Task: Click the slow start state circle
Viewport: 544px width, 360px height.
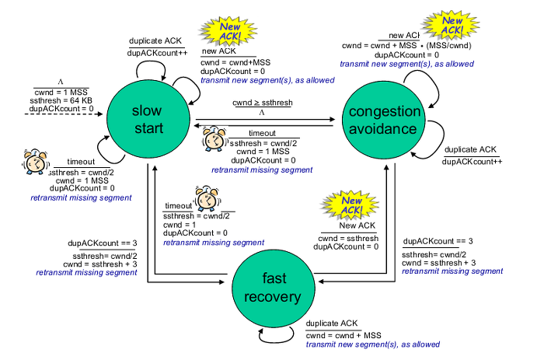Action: click(x=148, y=120)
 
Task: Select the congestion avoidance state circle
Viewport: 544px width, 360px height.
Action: click(x=384, y=120)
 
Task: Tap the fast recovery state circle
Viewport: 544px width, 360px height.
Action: click(x=274, y=288)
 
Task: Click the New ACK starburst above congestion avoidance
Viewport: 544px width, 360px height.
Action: click(x=451, y=25)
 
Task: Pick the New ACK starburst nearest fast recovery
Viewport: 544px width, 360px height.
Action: click(x=350, y=204)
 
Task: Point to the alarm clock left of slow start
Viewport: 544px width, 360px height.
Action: click(x=35, y=163)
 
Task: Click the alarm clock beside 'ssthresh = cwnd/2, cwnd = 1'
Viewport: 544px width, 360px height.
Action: click(x=207, y=198)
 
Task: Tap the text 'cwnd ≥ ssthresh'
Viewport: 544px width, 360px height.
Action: click(x=263, y=103)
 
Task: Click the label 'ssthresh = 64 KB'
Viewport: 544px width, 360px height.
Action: click(x=61, y=100)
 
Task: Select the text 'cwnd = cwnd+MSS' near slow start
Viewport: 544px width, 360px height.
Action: click(x=235, y=62)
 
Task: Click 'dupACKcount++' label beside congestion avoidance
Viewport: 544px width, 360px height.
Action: click(x=472, y=162)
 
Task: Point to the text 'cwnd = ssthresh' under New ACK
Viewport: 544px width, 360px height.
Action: click(x=348, y=239)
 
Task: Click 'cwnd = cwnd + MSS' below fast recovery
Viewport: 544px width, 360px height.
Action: click(x=343, y=335)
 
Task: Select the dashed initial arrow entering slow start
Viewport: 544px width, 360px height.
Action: click(x=64, y=114)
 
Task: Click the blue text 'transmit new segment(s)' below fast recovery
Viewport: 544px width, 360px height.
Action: click(x=372, y=344)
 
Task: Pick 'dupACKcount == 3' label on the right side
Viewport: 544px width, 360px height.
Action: click(x=438, y=241)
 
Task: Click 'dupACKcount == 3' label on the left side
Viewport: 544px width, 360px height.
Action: click(x=103, y=243)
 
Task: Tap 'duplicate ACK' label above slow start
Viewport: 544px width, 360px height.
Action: click(x=155, y=41)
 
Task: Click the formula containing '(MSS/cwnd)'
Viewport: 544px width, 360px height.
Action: click(x=406, y=45)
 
